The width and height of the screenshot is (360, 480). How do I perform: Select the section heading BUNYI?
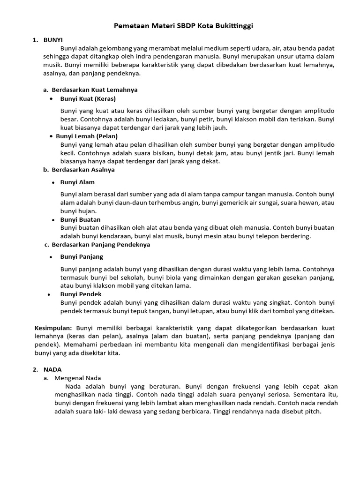[x=53, y=40]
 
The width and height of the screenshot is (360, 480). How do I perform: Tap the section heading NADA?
[x=52, y=369]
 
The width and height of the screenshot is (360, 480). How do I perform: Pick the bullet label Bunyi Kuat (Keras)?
[x=88, y=99]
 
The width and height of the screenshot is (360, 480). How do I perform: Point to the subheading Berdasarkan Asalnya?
[x=83, y=170]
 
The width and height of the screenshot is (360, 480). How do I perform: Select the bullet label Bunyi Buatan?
[x=80, y=219]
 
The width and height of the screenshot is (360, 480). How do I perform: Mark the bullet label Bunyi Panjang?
[x=82, y=257]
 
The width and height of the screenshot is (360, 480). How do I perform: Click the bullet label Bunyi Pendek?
[x=81, y=294]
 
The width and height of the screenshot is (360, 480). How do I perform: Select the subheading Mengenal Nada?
[x=78, y=378]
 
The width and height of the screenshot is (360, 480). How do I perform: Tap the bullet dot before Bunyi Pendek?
[x=49, y=295]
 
